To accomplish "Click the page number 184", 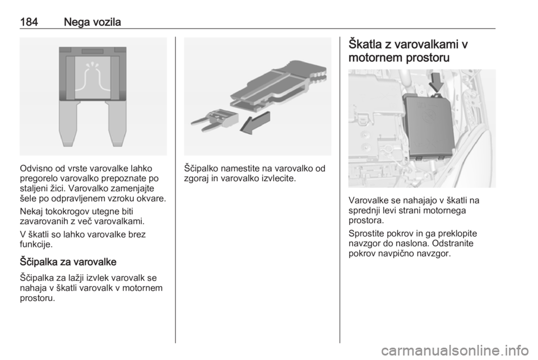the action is [x=29, y=22].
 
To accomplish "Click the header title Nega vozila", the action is [x=92, y=22].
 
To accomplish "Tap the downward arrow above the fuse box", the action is [x=436, y=81].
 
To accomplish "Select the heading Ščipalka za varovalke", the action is [x=68, y=262].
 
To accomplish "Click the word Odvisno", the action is [x=36, y=168].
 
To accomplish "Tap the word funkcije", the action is [x=36, y=244].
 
